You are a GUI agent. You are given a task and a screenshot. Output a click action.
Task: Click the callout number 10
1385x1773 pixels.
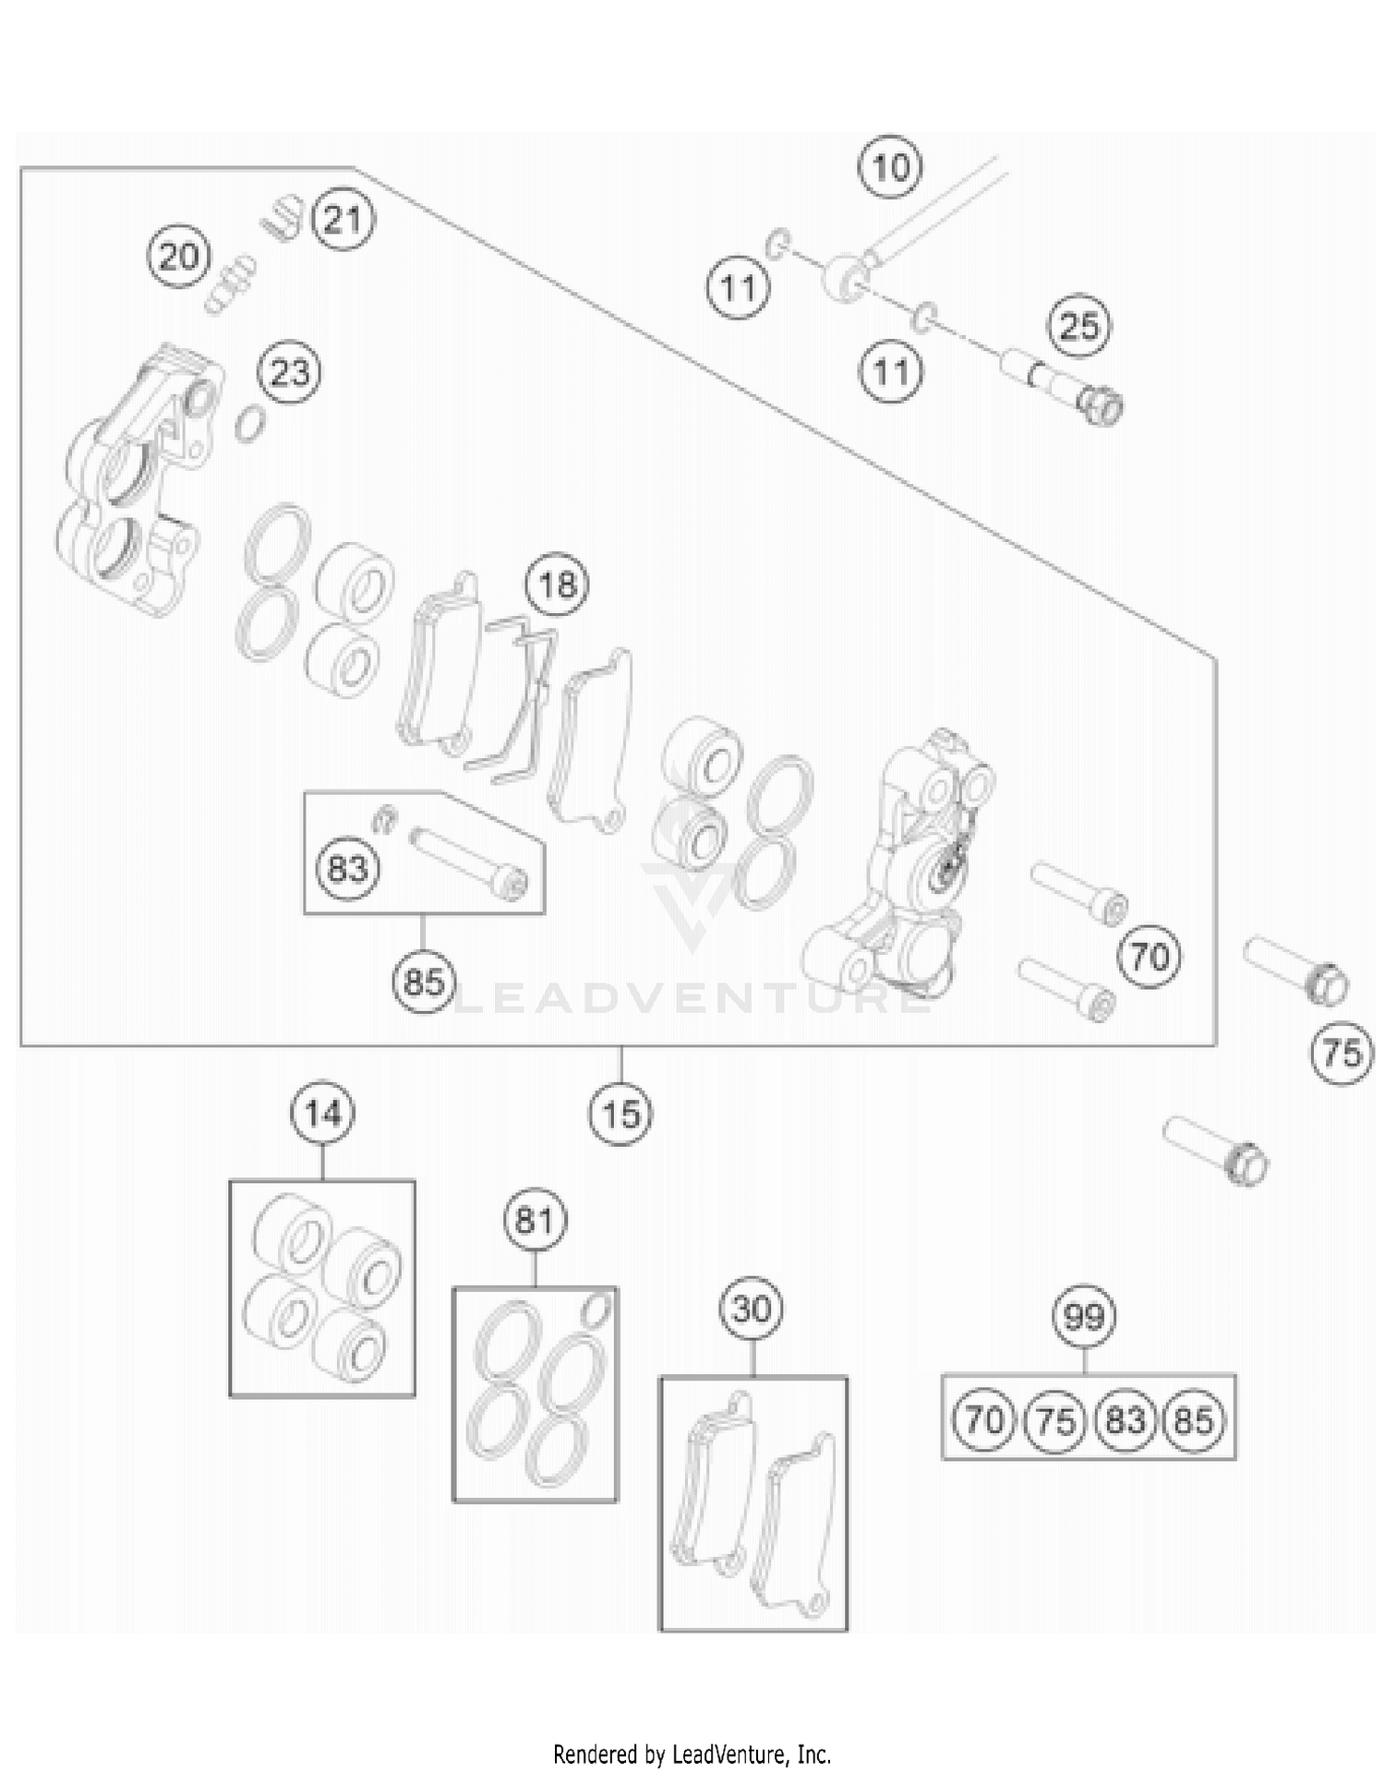click(890, 168)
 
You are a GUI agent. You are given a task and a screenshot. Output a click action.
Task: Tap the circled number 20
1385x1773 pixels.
click(179, 256)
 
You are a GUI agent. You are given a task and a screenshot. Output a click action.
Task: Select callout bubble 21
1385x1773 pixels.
click(343, 221)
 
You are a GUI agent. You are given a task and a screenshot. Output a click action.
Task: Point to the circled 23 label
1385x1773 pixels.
click(290, 373)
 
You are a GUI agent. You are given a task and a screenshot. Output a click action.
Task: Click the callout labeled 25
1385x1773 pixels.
click(1079, 326)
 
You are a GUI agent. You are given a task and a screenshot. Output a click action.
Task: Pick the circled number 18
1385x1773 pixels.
click(557, 585)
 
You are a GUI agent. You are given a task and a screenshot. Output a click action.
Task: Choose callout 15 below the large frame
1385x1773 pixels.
click(620, 1115)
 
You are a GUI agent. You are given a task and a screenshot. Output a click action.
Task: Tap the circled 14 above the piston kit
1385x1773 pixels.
click(322, 1114)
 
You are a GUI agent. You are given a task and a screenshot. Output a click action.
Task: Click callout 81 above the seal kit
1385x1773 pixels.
click(535, 1221)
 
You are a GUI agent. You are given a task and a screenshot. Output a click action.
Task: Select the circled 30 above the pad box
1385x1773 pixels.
click(752, 1309)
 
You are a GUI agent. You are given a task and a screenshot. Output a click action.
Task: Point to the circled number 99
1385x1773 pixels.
click(1084, 1316)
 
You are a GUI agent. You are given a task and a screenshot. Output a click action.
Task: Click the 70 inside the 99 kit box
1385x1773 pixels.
click(984, 1419)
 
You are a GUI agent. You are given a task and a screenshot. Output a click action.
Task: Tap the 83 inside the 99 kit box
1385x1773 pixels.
click(1125, 1419)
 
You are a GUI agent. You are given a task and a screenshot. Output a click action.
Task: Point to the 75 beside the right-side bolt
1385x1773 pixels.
click(1343, 1053)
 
